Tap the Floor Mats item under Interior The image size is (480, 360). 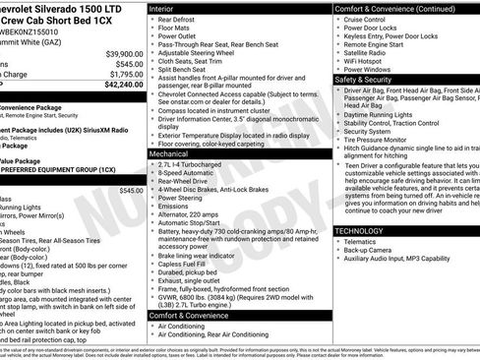click(x=178, y=30)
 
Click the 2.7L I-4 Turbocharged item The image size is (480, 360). click(x=198, y=165)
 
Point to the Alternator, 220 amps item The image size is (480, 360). click(x=196, y=214)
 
